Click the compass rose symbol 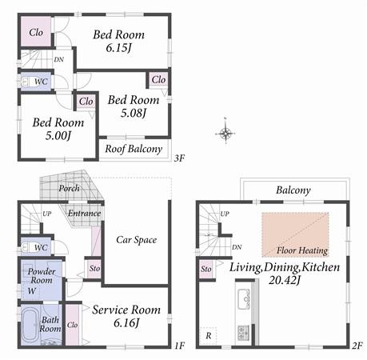click(225, 133)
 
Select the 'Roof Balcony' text click(134, 149)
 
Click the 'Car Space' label click(136, 239)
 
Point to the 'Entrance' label click(84, 213)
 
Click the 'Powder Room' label click(41, 276)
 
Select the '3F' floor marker click(180, 158)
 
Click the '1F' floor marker click(180, 346)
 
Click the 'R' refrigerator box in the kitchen click(208, 335)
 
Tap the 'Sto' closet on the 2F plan click(206, 269)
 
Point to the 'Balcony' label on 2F click(293, 190)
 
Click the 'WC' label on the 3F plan click(41, 82)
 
